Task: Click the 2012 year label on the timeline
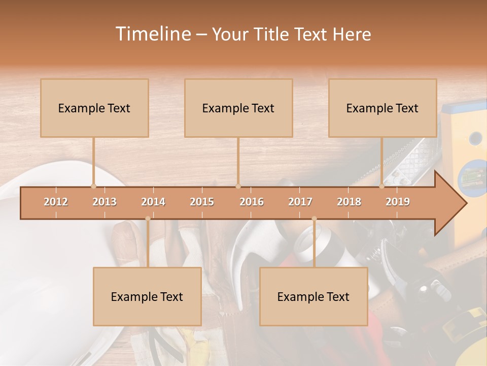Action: (56, 202)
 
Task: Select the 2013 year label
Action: (105, 202)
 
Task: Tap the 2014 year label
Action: (153, 202)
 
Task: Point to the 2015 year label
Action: (202, 202)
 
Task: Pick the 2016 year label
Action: (252, 202)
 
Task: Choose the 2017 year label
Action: (300, 202)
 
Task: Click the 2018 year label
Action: (349, 202)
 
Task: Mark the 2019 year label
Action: (398, 202)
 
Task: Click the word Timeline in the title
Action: (152, 34)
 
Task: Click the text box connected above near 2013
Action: (94, 108)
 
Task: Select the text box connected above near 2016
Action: (238, 108)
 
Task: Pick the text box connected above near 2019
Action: (382, 108)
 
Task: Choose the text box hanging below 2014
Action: (147, 296)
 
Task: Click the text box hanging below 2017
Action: (314, 296)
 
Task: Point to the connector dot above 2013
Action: (93, 186)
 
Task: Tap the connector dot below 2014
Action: (148, 219)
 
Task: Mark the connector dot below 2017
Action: (314, 219)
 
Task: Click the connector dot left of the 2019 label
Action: (382, 186)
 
